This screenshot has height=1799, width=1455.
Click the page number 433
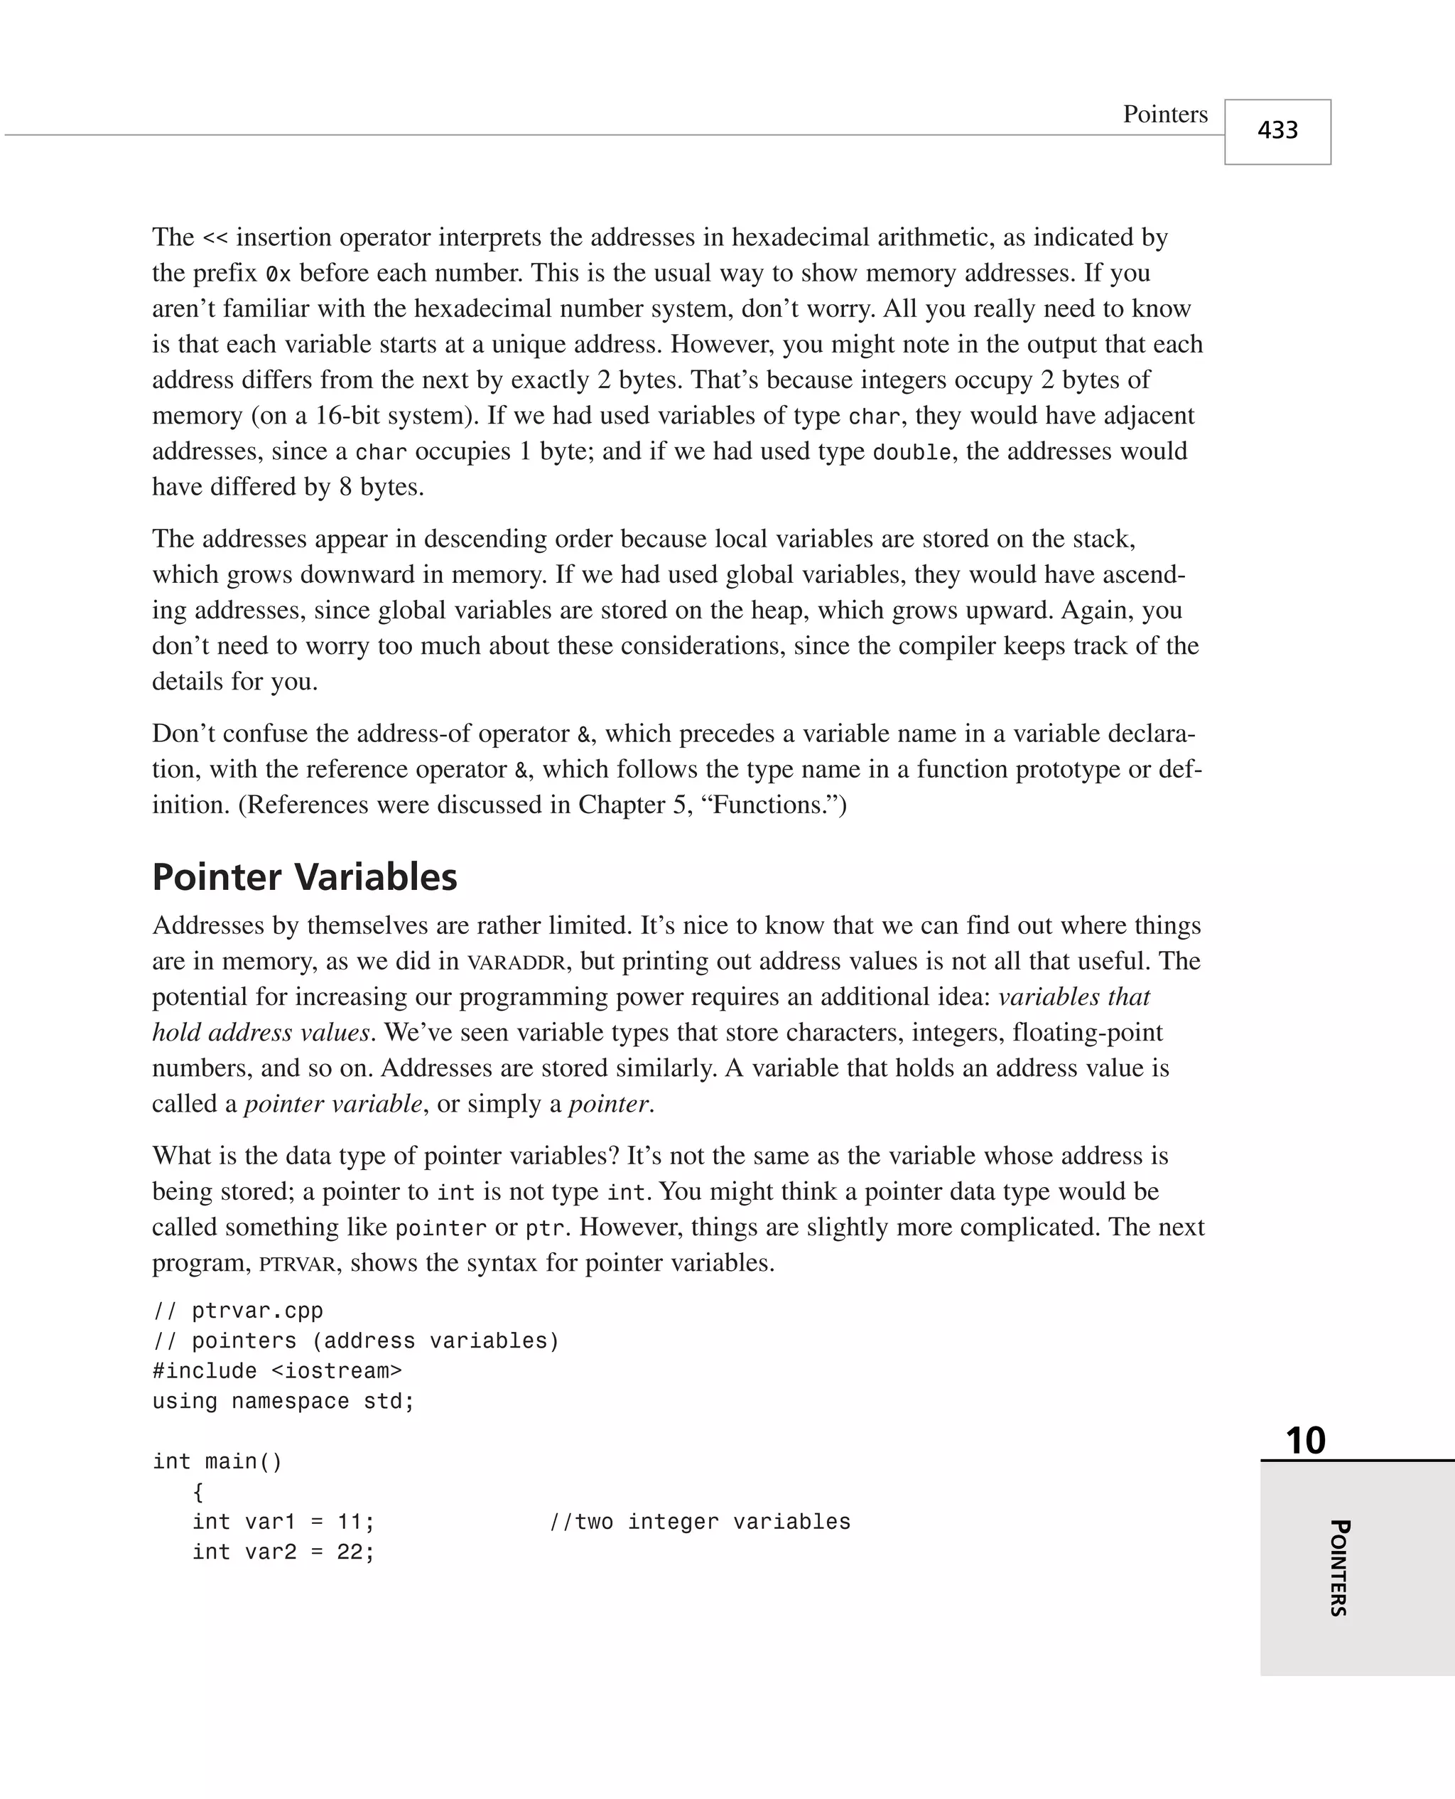click(1277, 131)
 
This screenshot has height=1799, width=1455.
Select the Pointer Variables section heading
click(304, 877)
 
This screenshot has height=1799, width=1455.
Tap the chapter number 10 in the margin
click(1305, 1440)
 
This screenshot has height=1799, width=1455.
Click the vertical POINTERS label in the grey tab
click(1338, 1567)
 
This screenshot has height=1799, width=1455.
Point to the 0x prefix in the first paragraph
click(278, 274)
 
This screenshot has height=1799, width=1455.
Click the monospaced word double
click(912, 453)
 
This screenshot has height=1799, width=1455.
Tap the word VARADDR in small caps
click(516, 962)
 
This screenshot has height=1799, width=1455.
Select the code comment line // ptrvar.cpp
click(237, 1310)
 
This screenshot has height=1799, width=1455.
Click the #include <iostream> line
click(276, 1370)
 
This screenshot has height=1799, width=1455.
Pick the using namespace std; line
click(283, 1401)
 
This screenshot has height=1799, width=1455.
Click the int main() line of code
click(218, 1461)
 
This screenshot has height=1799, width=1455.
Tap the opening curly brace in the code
click(198, 1491)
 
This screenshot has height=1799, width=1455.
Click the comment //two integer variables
click(700, 1522)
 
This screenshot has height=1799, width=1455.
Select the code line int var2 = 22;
click(283, 1552)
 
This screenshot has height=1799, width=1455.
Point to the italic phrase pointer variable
click(332, 1104)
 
